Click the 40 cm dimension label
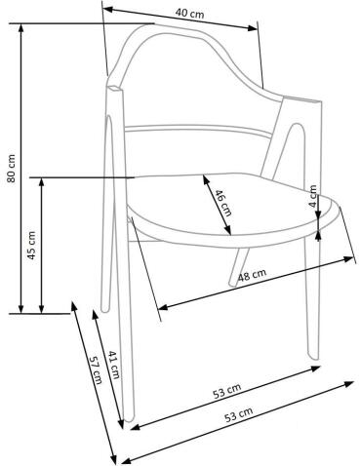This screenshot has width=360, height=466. (x=188, y=14)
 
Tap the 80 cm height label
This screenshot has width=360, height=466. (x=11, y=168)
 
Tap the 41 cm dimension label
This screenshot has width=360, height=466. (x=114, y=366)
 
